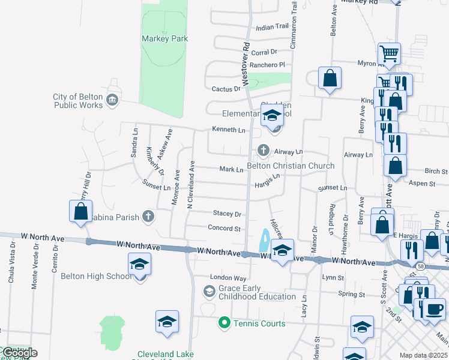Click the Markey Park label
164,38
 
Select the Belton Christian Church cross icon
262,150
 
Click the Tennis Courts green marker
224,323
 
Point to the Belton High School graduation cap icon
139,264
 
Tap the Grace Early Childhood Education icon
209,292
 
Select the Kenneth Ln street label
229,130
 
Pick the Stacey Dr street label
227,214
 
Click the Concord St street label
224,229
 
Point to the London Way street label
228,278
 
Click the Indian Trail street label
272,27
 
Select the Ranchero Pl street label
267,64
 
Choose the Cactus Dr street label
226,89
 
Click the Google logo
19,353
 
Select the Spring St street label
352,295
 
